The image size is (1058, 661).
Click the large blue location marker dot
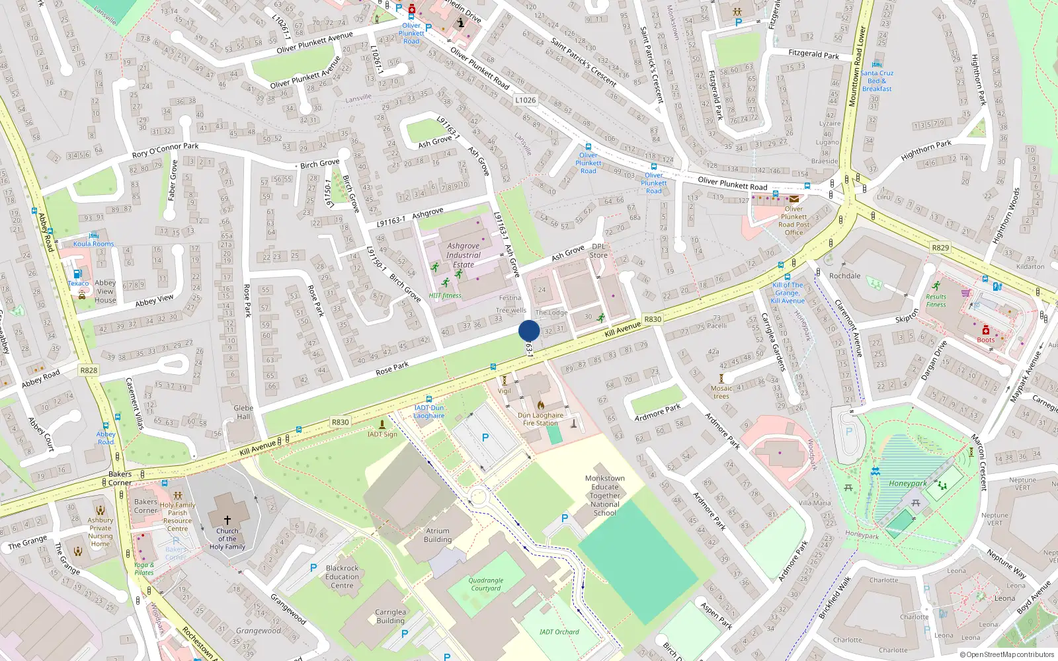tap(529, 330)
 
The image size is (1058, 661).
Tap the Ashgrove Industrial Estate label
tap(463, 255)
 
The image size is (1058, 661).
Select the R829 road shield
tap(940, 248)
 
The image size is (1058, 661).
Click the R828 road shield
tap(89, 370)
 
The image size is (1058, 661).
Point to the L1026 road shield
tap(526, 100)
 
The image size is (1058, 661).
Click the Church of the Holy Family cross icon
tap(227, 520)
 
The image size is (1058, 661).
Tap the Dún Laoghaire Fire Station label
tap(541, 419)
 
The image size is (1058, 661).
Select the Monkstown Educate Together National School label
tap(604, 495)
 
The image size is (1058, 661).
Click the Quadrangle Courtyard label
tap(486, 584)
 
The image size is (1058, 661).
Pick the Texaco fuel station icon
tap(77, 274)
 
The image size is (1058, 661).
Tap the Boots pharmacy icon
tap(985, 330)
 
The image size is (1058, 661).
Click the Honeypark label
tap(907, 483)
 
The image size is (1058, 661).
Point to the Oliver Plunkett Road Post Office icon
tap(793, 198)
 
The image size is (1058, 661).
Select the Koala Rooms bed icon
tap(93, 235)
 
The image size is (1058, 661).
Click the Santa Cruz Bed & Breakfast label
tap(877, 81)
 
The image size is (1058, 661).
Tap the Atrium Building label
tap(437, 535)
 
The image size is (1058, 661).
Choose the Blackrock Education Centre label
tap(342, 576)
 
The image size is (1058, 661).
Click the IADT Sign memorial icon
tap(382, 424)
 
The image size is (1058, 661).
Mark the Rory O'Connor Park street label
tap(165, 150)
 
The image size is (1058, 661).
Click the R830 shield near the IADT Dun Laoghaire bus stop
tap(340, 422)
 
